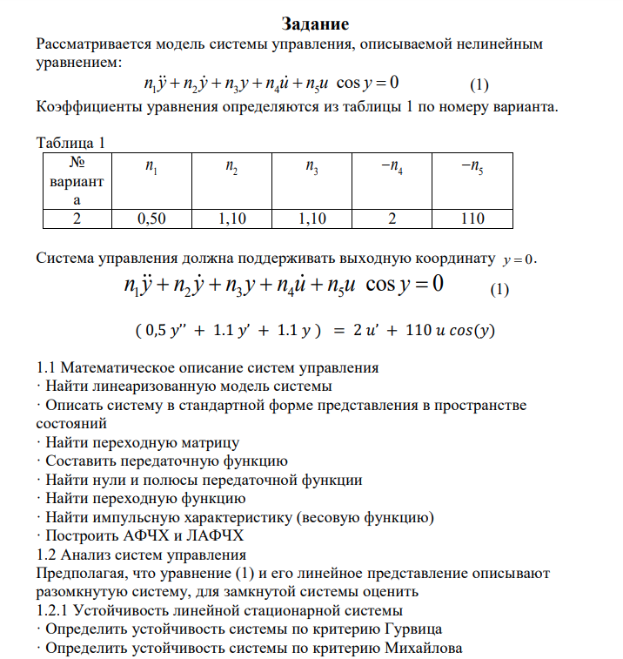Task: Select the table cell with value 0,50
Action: pos(151,219)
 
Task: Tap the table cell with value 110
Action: pos(472,219)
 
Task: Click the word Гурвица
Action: pos(410,629)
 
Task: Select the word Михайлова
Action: pos(423,648)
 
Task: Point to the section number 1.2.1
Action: pos(57,609)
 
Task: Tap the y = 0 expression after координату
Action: pos(520,259)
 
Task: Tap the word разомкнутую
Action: pos(80,591)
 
